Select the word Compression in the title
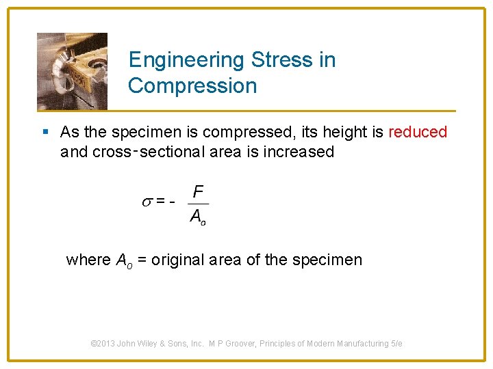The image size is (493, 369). (x=192, y=86)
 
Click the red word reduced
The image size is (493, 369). (x=418, y=132)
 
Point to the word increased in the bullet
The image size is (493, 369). (x=302, y=152)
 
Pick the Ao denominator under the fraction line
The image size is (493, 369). (x=198, y=217)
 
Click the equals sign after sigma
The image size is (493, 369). (x=160, y=201)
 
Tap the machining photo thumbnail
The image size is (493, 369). (x=72, y=70)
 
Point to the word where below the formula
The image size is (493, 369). (x=88, y=260)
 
